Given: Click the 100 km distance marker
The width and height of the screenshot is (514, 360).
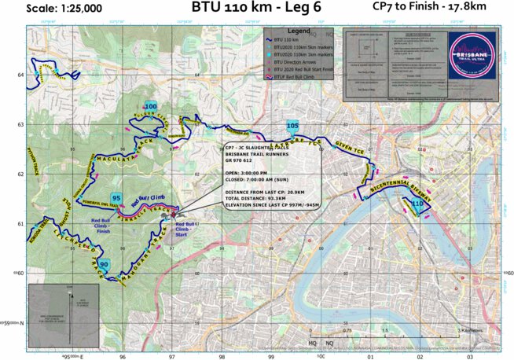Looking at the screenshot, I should (x=151, y=106).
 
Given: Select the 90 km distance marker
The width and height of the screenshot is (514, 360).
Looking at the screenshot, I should (x=105, y=264).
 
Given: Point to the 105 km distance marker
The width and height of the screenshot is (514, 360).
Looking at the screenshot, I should (x=292, y=125).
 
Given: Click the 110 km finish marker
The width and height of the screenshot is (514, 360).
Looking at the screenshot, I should (x=417, y=204).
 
